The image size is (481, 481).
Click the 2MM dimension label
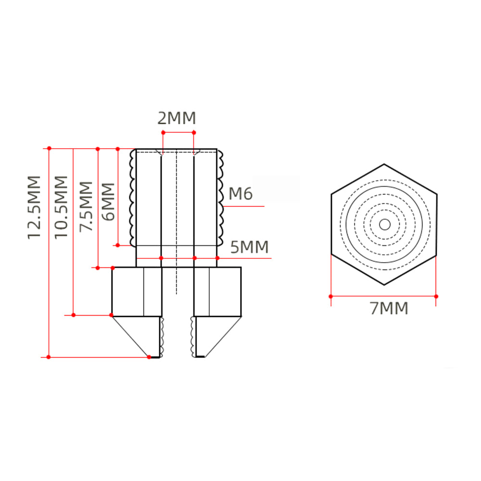point(177,118)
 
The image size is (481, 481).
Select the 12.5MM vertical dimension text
point(34,207)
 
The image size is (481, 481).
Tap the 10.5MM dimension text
point(61,207)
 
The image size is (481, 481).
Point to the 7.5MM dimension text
point(86,206)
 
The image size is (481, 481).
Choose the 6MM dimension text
point(108,202)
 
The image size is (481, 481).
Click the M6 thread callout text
point(241,193)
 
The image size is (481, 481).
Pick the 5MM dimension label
point(249,247)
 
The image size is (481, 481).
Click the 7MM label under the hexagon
point(389,308)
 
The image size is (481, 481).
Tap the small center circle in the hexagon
point(385,225)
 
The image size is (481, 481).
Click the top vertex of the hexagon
point(384,164)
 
